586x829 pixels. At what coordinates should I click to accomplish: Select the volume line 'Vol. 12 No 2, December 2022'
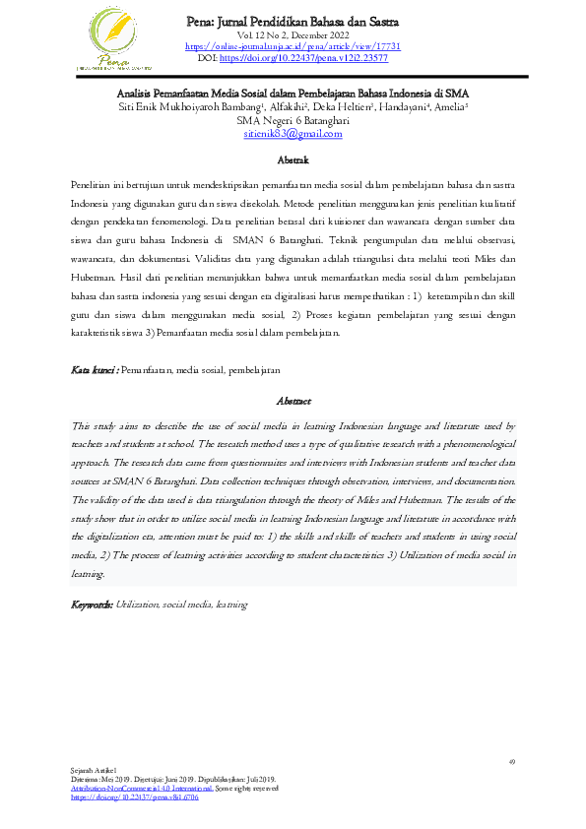coord(293,35)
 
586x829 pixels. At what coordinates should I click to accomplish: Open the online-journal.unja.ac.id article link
coord(293,46)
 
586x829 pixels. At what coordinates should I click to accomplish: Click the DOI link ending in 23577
coord(305,58)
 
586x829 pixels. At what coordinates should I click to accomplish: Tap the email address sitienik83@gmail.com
coord(293,133)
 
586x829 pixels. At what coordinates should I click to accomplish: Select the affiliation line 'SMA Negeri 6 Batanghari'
coord(293,120)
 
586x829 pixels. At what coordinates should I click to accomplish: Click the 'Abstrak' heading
coord(293,159)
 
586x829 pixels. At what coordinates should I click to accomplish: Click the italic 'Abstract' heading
coord(293,401)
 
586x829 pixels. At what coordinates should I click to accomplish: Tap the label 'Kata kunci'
coord(94,370)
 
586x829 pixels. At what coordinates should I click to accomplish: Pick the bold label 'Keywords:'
coord(93,604)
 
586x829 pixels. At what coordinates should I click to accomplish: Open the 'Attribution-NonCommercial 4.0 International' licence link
coord(141,789)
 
